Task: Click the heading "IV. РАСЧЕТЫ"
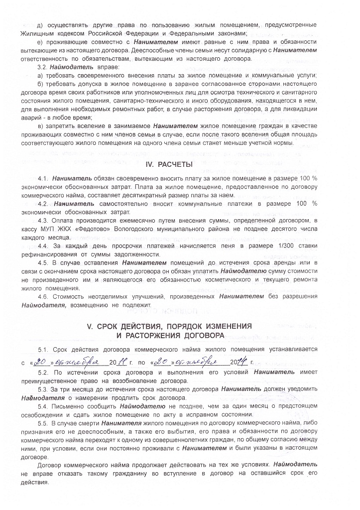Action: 180,164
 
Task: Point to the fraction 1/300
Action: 273,246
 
